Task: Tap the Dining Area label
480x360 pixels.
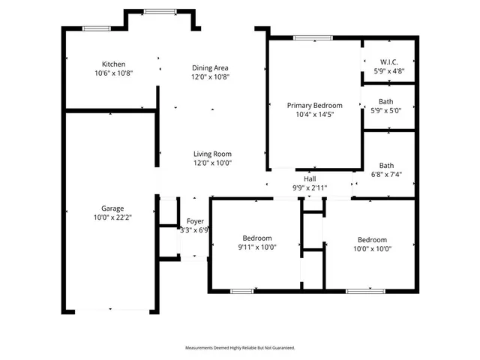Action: (x=210, y=67)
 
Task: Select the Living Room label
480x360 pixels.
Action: (x=212, y=154)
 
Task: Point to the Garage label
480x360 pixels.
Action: (x=113, y=208)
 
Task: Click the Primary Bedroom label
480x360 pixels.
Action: (x=314, y=106)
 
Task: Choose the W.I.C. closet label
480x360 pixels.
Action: (x=388, y=62)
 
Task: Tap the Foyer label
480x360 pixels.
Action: (x=195, y=221)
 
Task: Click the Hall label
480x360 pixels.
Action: (x=309, y=179)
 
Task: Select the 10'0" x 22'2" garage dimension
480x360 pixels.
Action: (x=113, y=217)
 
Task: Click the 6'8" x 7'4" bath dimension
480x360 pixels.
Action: (x=387, y=175)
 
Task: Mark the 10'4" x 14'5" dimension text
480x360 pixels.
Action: (x=314, y=115)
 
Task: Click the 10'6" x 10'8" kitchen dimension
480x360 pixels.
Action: (x=114, y=73)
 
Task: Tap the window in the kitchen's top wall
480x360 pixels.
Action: (x=97, y=28)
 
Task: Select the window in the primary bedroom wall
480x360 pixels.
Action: (x=304, y=37)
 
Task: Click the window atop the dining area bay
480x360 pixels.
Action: (x=156, y=10)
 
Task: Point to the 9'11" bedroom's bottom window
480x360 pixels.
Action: (x=241, y=290)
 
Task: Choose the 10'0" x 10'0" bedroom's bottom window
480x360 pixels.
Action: (x=359, y=290)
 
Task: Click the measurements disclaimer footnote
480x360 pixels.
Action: (x=240, y=348)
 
